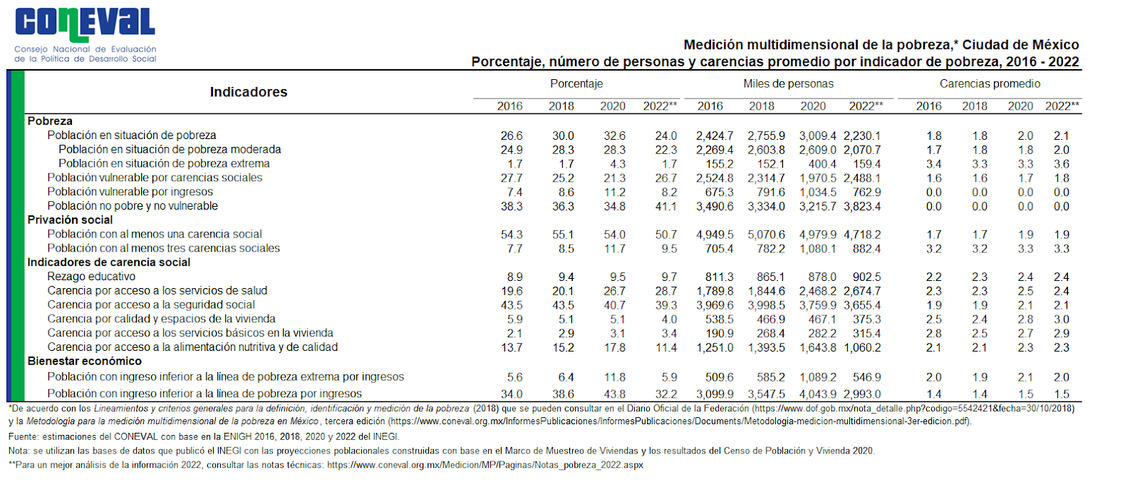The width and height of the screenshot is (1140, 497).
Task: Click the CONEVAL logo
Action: pos(85,34)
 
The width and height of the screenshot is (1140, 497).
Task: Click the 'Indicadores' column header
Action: pos(249,92)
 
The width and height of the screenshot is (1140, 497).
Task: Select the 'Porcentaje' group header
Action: pos(576,84)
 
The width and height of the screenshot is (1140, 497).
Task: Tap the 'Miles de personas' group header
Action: pos(788,84)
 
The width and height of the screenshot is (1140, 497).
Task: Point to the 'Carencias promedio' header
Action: pos(990,84)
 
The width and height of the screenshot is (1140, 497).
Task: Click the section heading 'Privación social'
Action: pos(70,220)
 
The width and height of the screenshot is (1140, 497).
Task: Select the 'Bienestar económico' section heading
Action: pos(84,362)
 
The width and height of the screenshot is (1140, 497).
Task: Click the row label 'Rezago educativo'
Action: pos(91,277)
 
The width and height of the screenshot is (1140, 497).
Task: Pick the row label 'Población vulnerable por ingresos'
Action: pos(130,192)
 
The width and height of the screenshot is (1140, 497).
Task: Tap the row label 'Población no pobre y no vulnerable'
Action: pos(133,206)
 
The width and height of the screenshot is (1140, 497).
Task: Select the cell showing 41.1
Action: pos(666,207)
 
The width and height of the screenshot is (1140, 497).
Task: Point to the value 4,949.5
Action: pos(715,235)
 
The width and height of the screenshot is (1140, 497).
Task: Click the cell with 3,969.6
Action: pos(715,305)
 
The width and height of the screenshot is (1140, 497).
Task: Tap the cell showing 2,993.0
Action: pos(862,394)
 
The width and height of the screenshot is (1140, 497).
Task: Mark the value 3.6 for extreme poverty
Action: pos(1062,164)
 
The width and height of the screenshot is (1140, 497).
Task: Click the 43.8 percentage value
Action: pos(614,394)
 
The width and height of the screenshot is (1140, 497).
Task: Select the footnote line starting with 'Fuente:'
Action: pos(204,436)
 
